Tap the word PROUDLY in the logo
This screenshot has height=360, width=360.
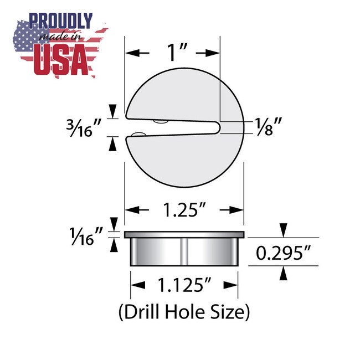click(61, 21)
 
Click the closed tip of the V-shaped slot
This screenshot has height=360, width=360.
click(218, 127)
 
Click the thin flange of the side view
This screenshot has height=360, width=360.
click(183, 235)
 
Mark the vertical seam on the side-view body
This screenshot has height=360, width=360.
click(183, 252)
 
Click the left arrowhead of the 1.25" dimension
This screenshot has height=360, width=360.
click(131, 210)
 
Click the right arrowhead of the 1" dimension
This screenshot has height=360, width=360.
click(215, 53)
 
